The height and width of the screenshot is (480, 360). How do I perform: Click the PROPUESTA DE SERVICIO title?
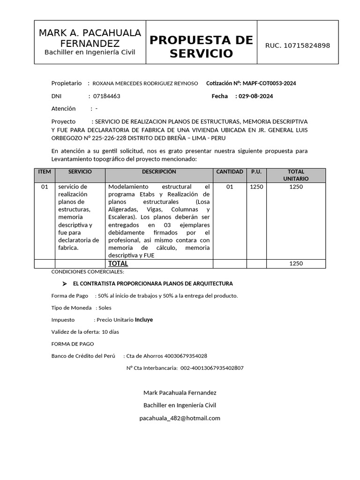[201, 46]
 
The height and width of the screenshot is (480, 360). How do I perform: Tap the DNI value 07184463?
[107, 96]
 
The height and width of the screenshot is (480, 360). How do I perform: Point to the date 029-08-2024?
[255, 96]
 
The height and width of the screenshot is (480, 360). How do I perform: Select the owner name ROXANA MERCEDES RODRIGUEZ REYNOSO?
[145, 83]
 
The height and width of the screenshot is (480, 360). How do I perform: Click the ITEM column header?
[45, 172]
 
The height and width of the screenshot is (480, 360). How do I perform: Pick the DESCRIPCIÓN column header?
[159, 172]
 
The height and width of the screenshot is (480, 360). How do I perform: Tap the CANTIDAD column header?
[230, 172]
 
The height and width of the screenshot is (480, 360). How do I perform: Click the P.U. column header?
[256, 172]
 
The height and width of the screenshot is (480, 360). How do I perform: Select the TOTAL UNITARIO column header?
[296, 175]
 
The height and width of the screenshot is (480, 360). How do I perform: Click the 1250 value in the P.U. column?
[256, 187]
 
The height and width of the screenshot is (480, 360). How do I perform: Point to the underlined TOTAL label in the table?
[118, 263]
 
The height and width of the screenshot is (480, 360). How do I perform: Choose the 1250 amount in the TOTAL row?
[296, 263]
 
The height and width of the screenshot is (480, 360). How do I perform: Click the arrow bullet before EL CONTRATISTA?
[65, 284]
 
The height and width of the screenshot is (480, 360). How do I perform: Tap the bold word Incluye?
[144, 320]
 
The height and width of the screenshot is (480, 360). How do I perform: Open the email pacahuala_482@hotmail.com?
[180, 418]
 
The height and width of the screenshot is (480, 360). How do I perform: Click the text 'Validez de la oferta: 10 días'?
[85, 332]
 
